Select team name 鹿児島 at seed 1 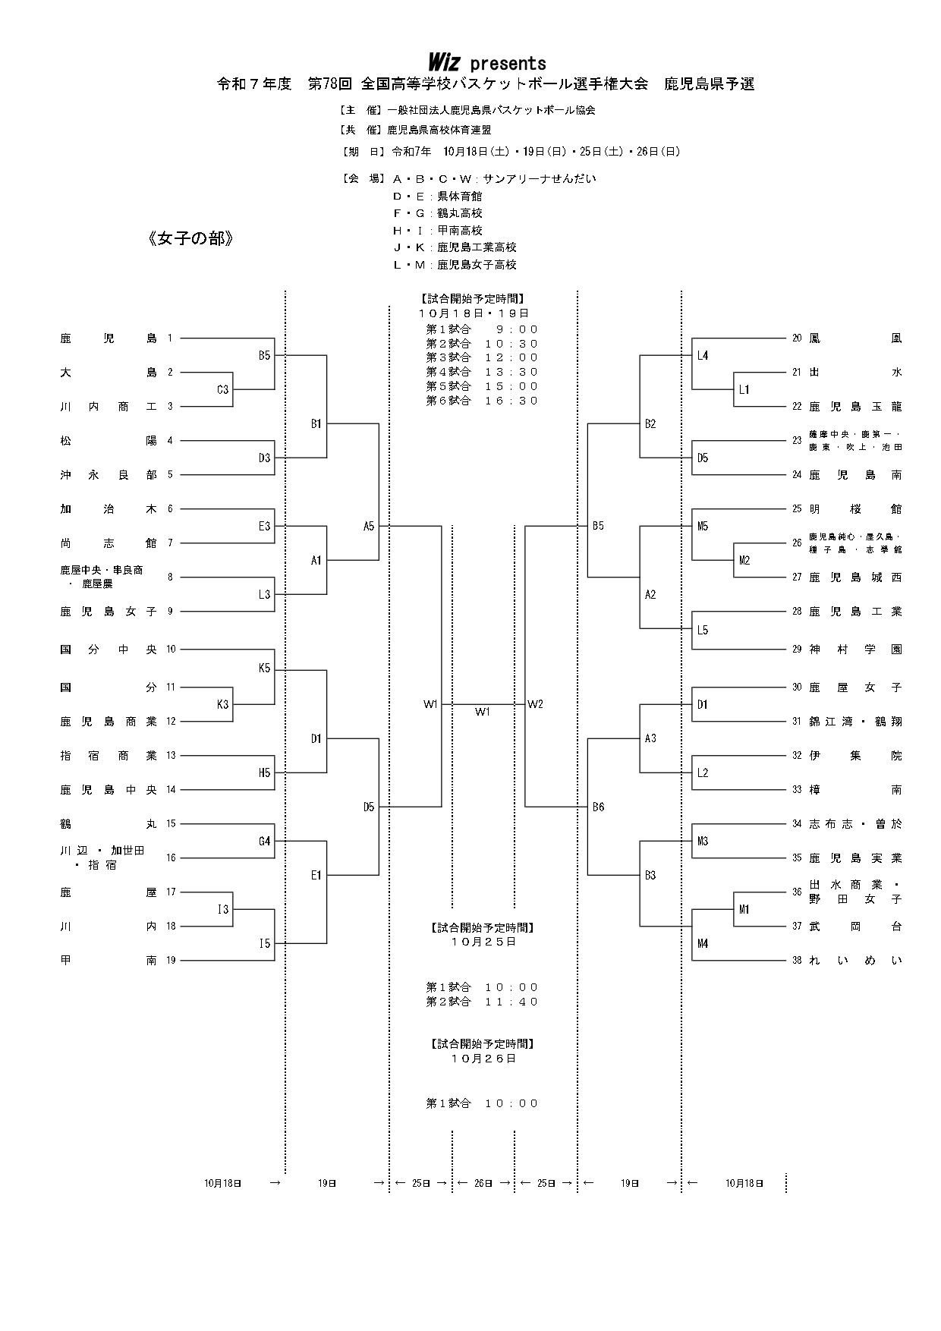tap(109, 338)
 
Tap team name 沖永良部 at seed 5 tap(109, 475)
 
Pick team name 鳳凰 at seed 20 tap(855, 338)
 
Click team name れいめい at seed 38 tap(855, 961)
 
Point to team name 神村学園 tap(855, 650)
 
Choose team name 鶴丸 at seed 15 tap(109, 824)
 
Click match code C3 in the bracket tap(222, 390)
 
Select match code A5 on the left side tap(369, 526)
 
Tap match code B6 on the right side tap(599, 807)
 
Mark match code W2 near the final tap(536, 704)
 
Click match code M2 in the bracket tap(744, 561)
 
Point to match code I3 tap(222, 910)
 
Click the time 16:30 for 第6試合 tap(511, 401)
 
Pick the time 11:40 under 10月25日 tap(511, 1002)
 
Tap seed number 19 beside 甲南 tap(171, 961)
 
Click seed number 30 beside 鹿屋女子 tap(797, 688)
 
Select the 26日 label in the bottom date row tap(483, 1183)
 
